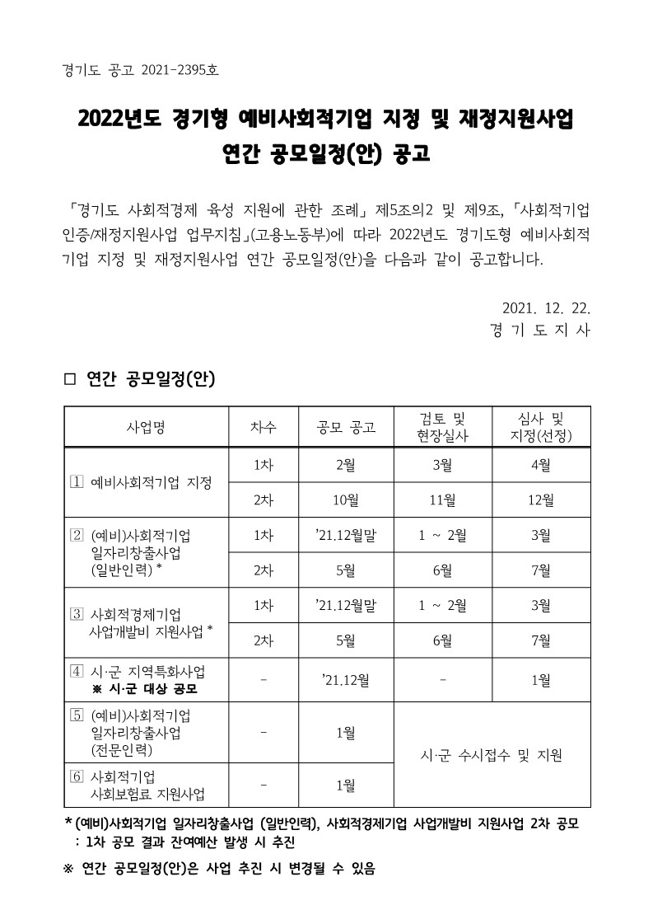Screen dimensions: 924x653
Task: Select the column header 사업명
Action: pyautogui.click(x=146, y=426)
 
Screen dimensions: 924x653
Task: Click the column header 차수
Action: pyautogui.click(x=264, y=426)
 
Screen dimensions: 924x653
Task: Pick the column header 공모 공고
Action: pyautogui.click(x=346, y=426)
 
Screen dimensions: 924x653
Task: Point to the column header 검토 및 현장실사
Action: pyautogui.click(x=443, y=426)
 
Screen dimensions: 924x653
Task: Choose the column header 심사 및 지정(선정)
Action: pyautogui.click(x=541, y=426)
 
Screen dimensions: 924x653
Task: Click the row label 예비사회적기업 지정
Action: pyautogui.click(x=151, y=481)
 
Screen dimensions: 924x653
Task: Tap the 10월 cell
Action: pyautogui.click(x=346, y=500)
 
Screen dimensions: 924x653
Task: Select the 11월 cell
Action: pyautogui.click(x=443, y=500)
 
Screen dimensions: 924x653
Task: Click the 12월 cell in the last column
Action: pyautogui.click(x=541, y=500)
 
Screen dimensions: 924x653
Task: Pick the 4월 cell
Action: pyautogui.click(x=541, y=464)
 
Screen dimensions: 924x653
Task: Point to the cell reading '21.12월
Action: pyautogui.click(x=346, y=680)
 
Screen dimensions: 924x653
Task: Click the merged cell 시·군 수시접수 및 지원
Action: pyautogui.click(x=492, y=754)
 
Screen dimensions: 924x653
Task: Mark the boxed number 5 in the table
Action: pyautogui.click(x=77, y=713)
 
